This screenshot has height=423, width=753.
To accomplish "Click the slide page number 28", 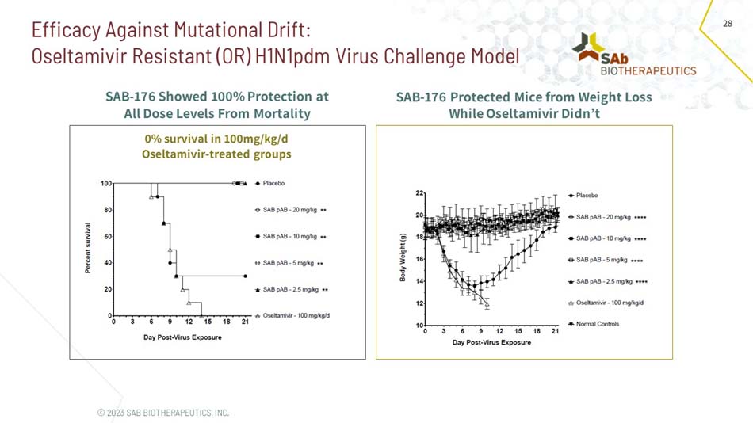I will click(x=728, y=25).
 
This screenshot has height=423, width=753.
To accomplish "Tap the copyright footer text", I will click(x=162, y=413).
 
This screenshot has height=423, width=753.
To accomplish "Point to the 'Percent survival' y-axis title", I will click(x=88, y=249).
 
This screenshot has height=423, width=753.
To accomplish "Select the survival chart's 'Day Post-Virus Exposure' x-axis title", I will click(x=182, y=337).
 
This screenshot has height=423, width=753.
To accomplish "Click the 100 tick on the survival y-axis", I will click(x=105, y=183).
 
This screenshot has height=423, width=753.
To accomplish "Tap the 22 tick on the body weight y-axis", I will click(x=418, y=193).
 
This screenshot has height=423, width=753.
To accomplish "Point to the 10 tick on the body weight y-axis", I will click(x=418, y=326).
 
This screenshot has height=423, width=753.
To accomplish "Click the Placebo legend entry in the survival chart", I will click(x=273, y=183).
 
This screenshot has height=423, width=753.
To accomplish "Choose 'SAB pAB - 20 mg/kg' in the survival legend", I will click(x=289, y=210).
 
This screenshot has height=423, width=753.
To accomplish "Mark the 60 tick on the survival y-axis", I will click(x=107, y=236).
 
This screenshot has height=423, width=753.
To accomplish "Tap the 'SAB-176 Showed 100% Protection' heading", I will click(x=216, y=97).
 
